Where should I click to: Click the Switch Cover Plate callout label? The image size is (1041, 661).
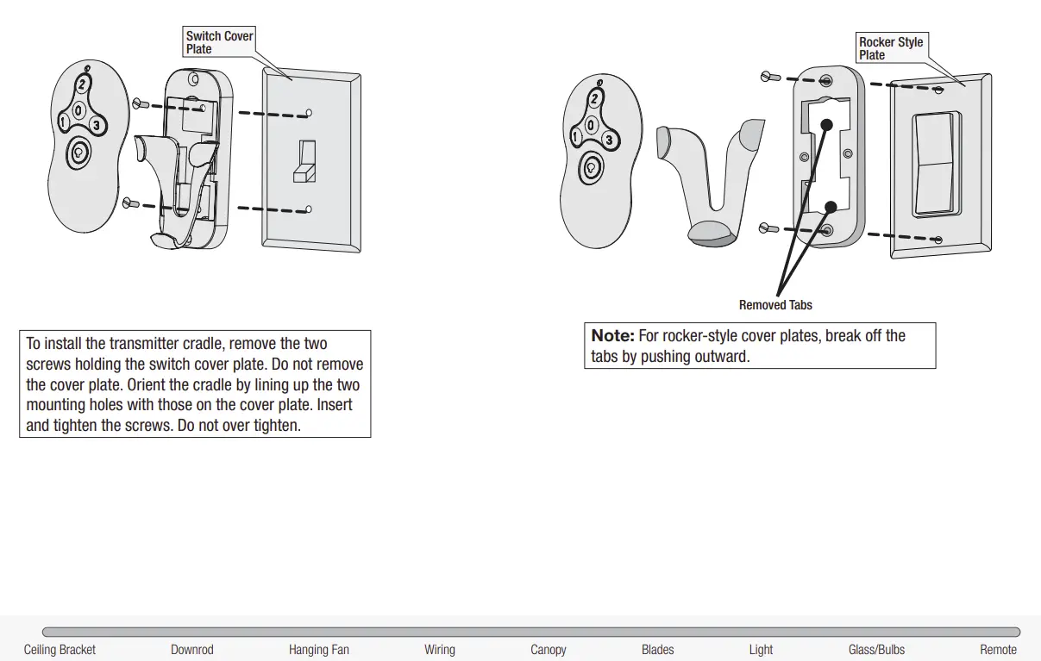219,42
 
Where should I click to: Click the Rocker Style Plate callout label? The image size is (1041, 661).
890,48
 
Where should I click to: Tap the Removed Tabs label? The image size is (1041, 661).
775,305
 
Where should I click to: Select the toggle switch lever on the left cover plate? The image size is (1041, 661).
304,163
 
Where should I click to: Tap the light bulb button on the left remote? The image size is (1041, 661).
79,153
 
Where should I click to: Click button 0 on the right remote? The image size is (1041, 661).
591,125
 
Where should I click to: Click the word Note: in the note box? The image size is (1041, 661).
613,336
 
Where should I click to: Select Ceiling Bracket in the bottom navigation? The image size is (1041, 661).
60,650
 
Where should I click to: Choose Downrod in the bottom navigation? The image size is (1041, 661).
191,650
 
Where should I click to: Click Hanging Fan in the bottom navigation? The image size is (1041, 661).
318,650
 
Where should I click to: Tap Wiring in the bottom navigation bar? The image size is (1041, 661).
439,650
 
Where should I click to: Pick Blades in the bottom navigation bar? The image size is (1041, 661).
657,650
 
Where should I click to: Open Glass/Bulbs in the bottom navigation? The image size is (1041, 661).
876,650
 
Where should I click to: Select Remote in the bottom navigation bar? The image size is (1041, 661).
998,650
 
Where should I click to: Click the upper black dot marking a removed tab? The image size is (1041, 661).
826,124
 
